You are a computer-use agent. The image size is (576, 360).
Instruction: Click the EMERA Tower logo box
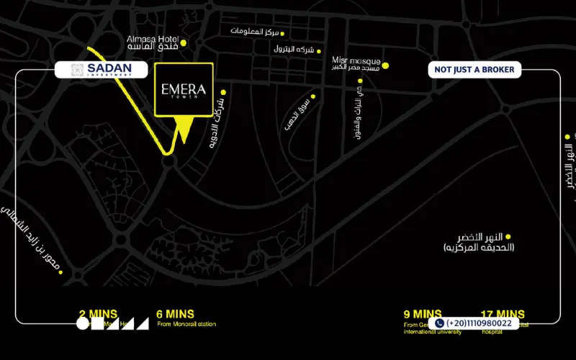pyautogui.click(x=184, y=90)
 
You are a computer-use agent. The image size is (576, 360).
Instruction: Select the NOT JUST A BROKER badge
pyautogui.click(x=474, y=70)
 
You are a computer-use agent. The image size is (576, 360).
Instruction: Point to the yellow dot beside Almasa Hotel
pyautogui.click(x=184, y=43)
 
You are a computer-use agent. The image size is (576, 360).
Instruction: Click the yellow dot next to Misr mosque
pyautogui.click(x=385, y=66)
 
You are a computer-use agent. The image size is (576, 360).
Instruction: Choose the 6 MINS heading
pyautogui.click(x=175, y=314)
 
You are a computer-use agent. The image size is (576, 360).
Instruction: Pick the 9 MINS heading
pyautogui.click(x=423, y=314)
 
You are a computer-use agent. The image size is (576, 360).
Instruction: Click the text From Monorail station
pyautogui.click(x=186, y=325)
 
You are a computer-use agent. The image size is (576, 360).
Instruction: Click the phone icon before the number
pyautogui.click(x=439, y=324)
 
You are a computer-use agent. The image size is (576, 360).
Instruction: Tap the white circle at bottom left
pyautogui.click(x=83, y=324)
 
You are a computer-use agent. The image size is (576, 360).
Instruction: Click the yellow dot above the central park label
pyautogui.click(x=508, y=236)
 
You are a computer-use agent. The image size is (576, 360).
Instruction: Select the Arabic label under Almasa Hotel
pyautogui.click(x=153, y=47)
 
